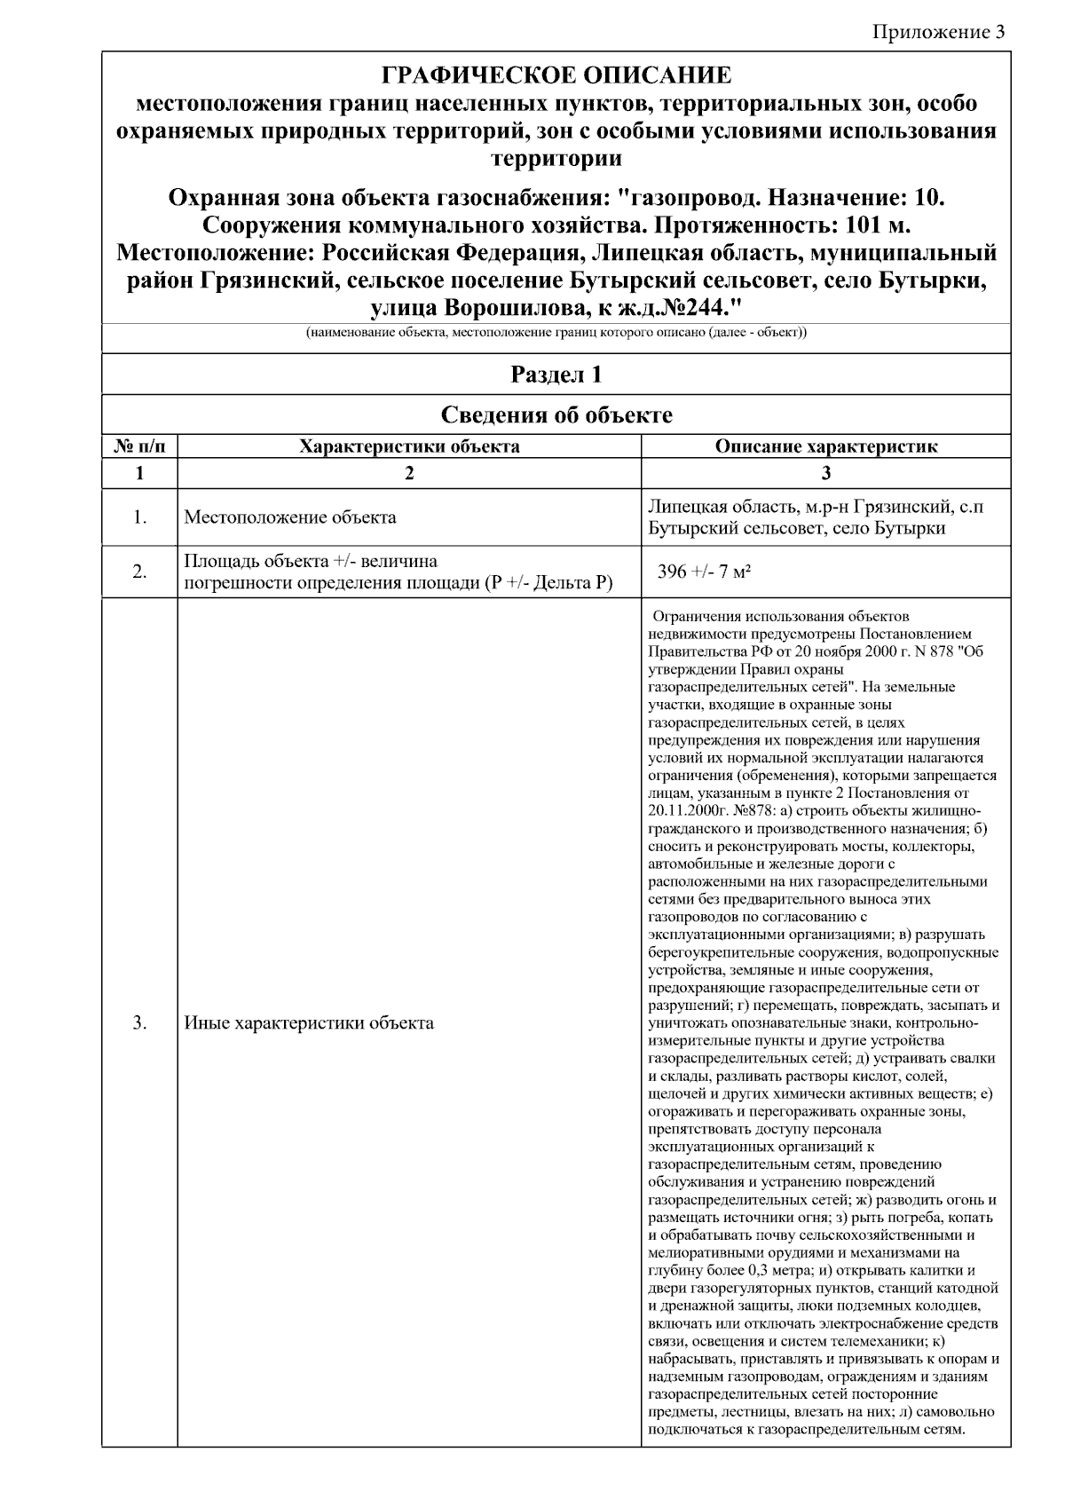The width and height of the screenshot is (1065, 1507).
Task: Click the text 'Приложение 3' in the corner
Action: pos(939,33)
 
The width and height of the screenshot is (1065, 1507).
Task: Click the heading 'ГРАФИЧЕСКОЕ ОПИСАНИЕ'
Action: pos(556,75)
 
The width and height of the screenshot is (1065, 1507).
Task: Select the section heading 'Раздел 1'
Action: pos(556,375)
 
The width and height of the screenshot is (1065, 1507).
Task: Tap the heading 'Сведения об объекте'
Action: pos(556,414)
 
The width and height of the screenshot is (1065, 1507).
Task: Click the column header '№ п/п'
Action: pos(139,446)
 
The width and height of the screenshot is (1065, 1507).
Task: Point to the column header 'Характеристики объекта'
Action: pos(409,446)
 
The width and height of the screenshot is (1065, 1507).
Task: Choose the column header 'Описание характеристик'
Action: pos(825,446)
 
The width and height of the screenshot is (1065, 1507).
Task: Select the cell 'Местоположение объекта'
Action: pos(290,517)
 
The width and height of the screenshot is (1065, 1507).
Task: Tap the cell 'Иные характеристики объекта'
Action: pos(309,1022)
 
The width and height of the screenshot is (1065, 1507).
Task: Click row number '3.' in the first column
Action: pos(139,1022)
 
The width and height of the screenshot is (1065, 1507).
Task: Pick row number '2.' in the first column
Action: pos(139,572)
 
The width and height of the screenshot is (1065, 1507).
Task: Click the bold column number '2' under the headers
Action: pos(409,473)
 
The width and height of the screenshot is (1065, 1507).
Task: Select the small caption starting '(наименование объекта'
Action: pos(556,334)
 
